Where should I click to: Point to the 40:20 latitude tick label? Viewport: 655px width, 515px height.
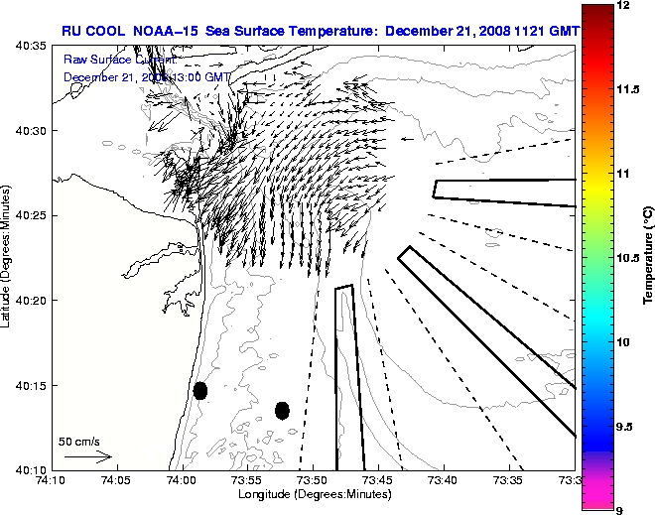pos(31,301)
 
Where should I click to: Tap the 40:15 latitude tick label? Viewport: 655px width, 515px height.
pos(31,385)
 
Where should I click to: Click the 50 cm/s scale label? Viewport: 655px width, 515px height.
pos(78,441)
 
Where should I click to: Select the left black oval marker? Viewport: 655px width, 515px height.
pos(200,390)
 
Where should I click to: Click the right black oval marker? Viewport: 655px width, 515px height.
pos(282,410)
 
